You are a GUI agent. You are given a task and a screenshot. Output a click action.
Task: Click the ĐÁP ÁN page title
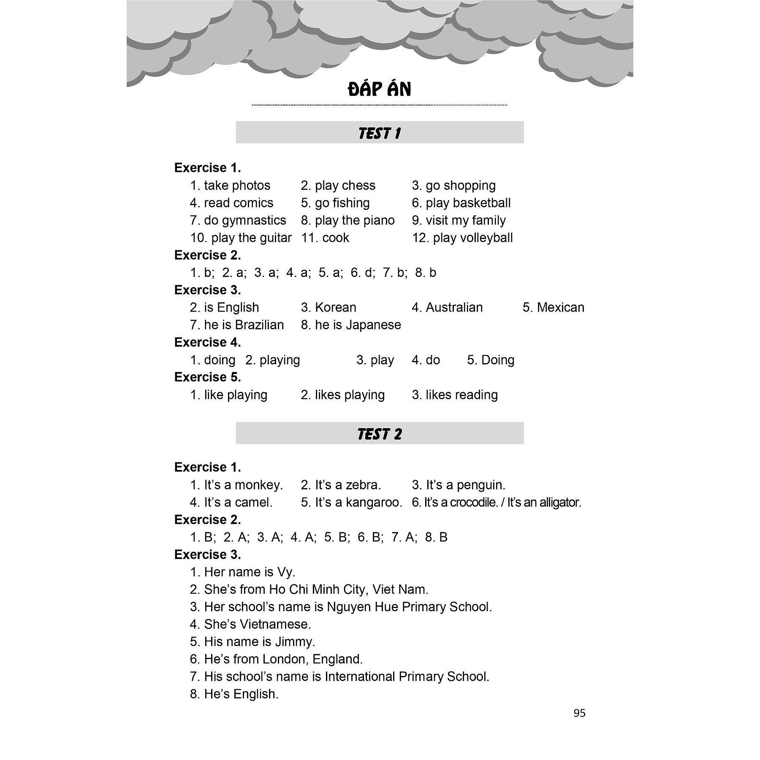[x=380, y=90]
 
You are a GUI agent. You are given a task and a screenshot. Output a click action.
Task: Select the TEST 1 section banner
[x=380, y=133]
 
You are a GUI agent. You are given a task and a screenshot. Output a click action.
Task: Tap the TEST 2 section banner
[x=380, y=434]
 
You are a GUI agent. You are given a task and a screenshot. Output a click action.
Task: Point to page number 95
[x=579, y=713]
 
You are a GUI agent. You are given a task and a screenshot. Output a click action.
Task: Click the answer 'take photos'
[x=237, y=185]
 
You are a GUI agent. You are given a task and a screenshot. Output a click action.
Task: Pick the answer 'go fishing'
[x=342, y=203]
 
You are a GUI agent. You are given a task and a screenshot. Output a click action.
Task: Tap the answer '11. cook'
[x=325, y=238]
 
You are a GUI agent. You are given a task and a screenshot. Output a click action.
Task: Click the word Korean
[x=335, y=307]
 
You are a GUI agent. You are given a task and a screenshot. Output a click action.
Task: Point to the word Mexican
[x=560, y=307]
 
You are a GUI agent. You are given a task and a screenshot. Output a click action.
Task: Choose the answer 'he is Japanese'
[x=358, y=325]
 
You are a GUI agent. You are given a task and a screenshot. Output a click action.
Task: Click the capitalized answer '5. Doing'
[x=497, y=360]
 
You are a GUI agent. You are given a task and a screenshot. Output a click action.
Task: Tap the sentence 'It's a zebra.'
[x=347, y=485]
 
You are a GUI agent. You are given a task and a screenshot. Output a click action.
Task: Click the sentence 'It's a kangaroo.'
[x=358, y=502]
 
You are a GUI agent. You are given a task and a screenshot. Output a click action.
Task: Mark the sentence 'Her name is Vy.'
[x=249, y=572]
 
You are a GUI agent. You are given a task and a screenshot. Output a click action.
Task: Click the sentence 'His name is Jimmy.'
[x=259, y=642]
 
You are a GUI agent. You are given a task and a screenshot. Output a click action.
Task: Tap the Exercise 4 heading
[x=207, y=342]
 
